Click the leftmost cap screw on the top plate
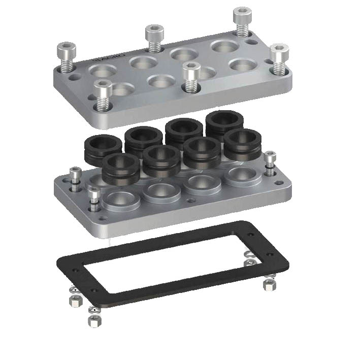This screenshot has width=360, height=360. (67, 57)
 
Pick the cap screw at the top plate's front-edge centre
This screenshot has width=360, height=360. (190, 76)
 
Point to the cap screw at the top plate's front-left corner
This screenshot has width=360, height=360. (103, 93)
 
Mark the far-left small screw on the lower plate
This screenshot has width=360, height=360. (76, 178)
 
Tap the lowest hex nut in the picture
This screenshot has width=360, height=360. (93, 320)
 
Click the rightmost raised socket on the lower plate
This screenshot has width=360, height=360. (241, 176)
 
